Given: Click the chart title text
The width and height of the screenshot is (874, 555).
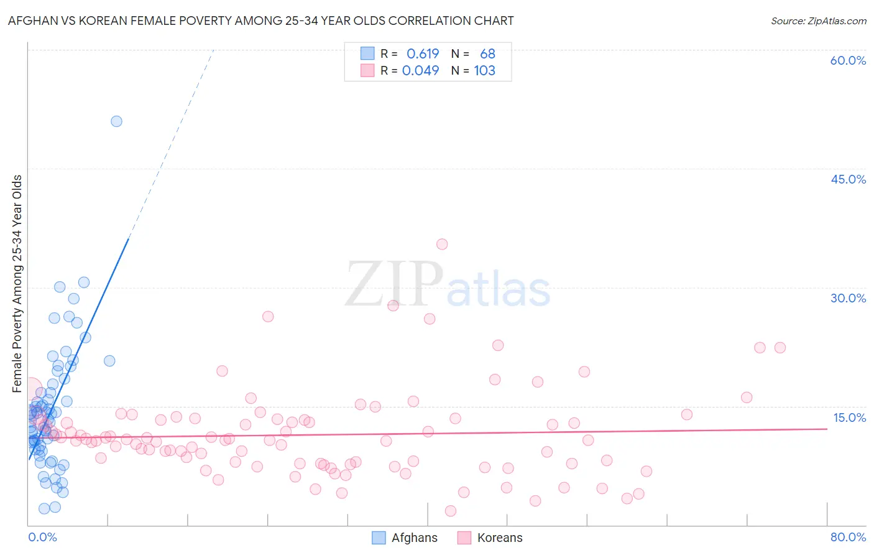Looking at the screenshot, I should point(260,21).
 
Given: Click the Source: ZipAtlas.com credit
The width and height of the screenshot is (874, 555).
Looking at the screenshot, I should point(818,21).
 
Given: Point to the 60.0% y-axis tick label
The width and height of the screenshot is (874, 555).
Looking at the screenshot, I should point(848,60).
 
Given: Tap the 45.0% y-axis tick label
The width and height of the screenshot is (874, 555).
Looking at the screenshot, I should point(848,179).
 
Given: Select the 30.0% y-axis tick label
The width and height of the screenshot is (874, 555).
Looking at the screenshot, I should point(848,298).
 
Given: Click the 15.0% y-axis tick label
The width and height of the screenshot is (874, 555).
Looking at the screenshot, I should point(849,417).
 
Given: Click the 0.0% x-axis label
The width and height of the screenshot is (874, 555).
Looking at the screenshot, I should point(42,537).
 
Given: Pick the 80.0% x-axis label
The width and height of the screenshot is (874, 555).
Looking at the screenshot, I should point(848,537).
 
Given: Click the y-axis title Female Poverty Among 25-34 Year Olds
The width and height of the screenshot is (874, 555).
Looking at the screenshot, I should point(17,284).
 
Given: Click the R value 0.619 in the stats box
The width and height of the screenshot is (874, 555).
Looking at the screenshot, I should point(423,54).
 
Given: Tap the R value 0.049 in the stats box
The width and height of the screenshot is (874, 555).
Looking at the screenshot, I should point(420,70).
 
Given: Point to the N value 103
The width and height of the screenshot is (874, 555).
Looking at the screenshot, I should point(484,70).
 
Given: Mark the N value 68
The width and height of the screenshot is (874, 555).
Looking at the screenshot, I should point(487,54).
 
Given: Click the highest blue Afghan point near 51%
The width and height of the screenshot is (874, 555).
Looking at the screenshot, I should point(116,121).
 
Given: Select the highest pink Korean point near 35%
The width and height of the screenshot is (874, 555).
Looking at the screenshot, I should point(442,244).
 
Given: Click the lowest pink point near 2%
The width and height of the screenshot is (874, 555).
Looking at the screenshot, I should point(451,511).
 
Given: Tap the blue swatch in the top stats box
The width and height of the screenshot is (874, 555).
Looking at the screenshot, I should point(367,54).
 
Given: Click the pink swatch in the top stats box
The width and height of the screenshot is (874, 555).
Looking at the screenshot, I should point(367,70).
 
